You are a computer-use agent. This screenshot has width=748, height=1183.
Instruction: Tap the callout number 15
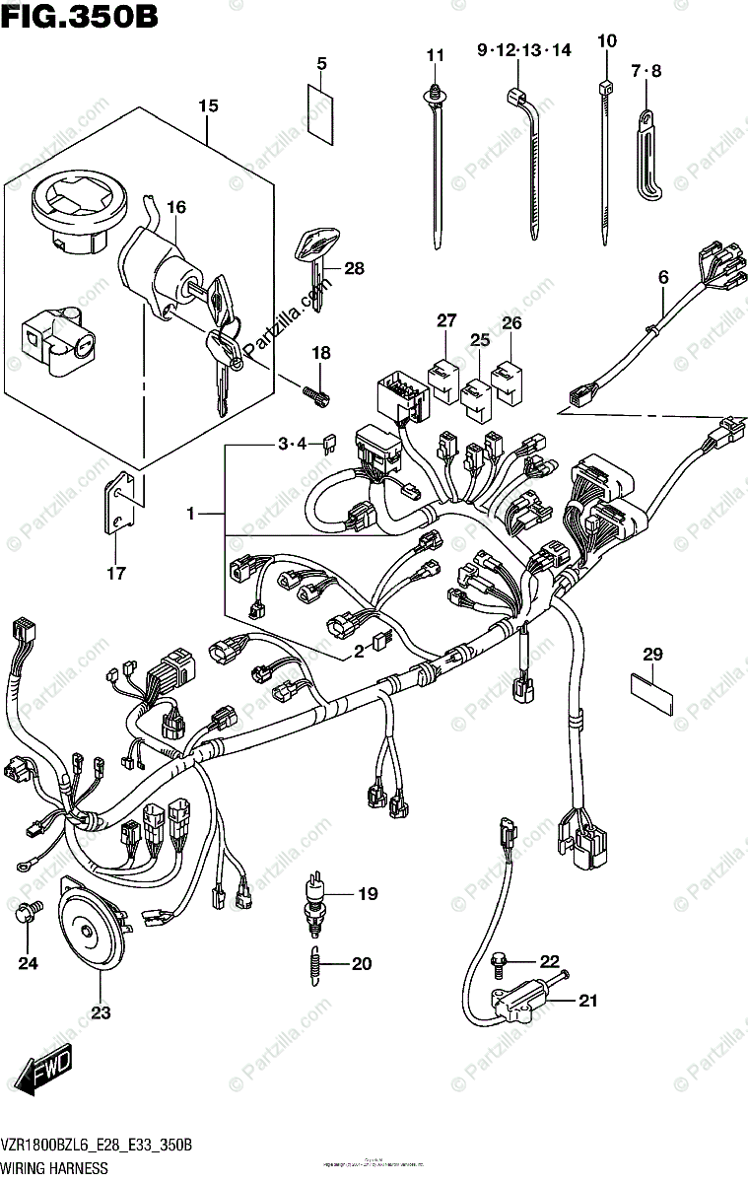[207, 105]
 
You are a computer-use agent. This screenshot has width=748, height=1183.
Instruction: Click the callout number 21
[588, 1002]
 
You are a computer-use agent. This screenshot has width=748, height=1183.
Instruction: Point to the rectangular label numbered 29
[651, 692]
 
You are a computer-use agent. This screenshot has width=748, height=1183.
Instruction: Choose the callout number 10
[606, 40]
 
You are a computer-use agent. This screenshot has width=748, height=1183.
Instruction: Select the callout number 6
[663, 279]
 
